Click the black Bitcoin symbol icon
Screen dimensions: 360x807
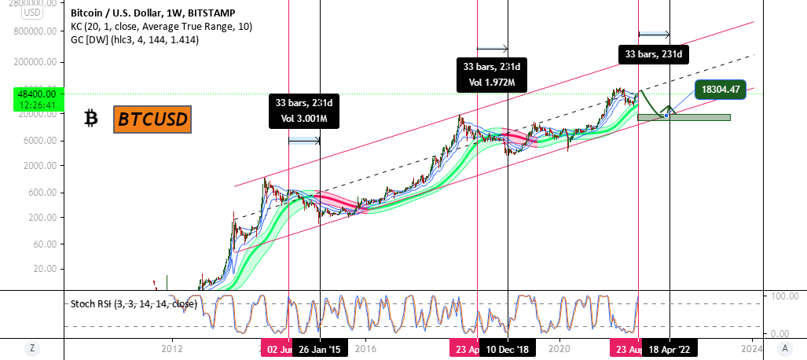91,119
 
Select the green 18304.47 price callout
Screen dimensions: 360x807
721,90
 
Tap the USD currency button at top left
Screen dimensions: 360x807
32,13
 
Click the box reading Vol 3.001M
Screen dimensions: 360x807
304,119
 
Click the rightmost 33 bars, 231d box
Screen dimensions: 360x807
654,54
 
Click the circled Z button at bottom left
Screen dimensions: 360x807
32,348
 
